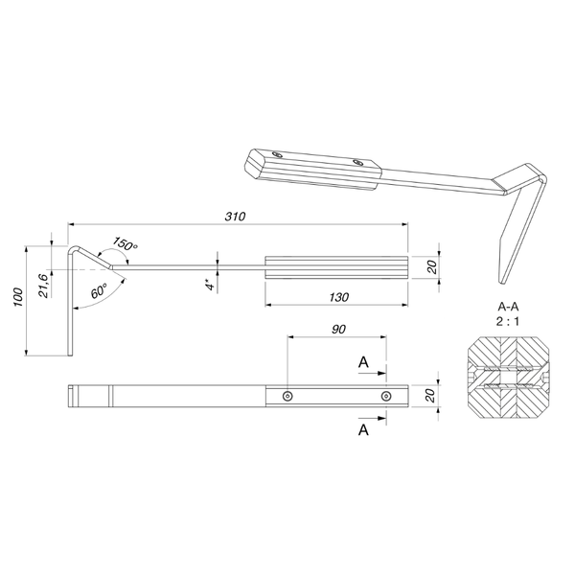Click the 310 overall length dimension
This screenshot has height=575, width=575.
coord(235,217)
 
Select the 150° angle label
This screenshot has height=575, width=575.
coord(125,243)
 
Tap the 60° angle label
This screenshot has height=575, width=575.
coord(99,290)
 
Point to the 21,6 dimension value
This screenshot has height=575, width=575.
coord(44,286)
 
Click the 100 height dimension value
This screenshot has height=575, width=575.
coord(18,298)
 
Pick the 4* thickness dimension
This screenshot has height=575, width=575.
coord(210,285)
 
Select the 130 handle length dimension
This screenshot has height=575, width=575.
coord(338,297)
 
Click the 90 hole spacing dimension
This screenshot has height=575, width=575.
coord(338,330)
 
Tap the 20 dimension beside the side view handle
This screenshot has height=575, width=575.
coord(433,266)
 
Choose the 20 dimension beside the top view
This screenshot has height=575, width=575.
coord(431,395)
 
